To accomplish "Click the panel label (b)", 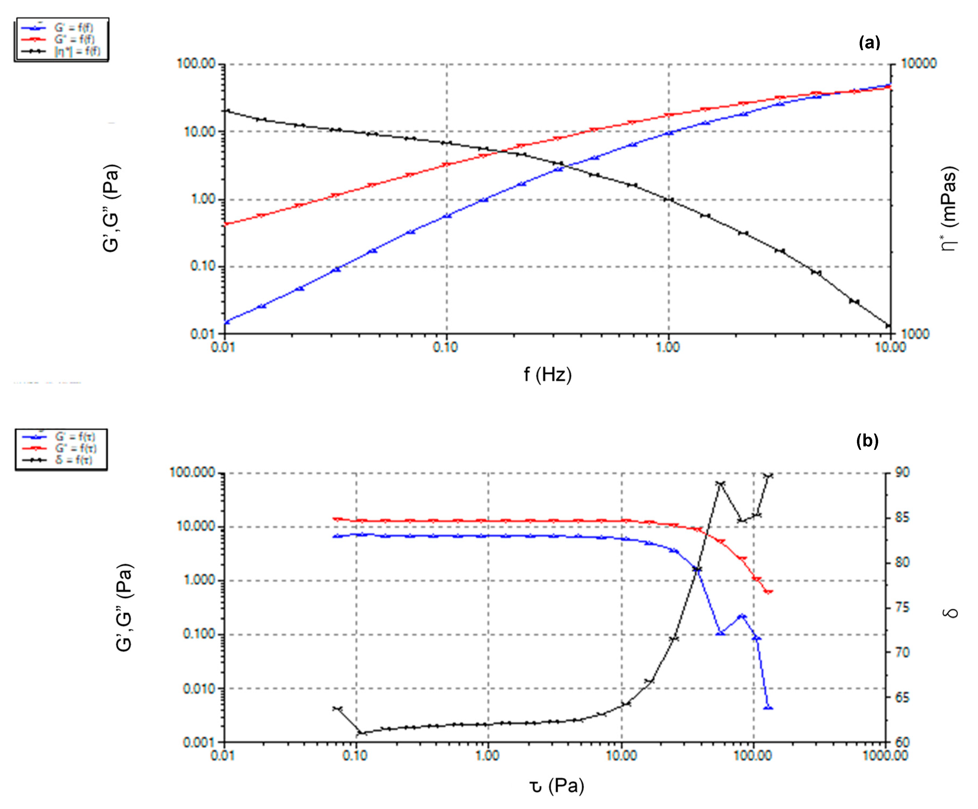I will coord(867,440).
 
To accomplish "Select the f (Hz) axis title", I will coord(547,374).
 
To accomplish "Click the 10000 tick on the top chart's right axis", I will coord(918,63).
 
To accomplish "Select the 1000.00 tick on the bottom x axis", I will coord(885,755).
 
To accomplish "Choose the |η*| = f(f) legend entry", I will coord(77,51).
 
